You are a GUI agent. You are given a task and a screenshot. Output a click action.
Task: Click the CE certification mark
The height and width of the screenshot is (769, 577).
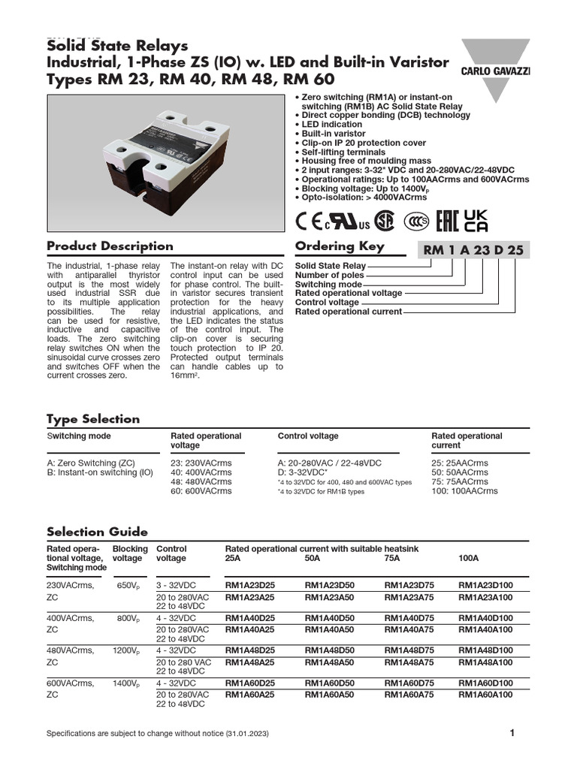(x=309, y=223)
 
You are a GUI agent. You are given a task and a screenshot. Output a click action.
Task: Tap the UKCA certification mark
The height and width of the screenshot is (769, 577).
(x=476, y=221)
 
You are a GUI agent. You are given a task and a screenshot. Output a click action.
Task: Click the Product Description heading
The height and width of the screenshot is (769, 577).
(x=110, y=246)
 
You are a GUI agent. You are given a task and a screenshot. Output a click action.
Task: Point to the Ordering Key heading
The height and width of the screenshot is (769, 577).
(x=340, y=246)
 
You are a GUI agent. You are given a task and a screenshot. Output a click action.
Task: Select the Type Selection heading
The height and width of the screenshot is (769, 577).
(x=93, y=419)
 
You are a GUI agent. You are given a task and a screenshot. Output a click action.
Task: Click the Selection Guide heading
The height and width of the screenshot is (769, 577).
(x=97, y=532)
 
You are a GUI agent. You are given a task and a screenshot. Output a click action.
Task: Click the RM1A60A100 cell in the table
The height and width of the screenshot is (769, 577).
(x=485, y=695)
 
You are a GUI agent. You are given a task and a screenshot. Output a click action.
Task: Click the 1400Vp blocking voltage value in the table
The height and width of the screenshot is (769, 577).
(x=125, y=683)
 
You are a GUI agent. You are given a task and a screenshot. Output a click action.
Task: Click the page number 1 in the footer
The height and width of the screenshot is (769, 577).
(x=512, y=733)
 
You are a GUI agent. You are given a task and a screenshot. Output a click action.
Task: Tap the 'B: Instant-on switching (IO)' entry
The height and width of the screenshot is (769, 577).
(x=99, y=472)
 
